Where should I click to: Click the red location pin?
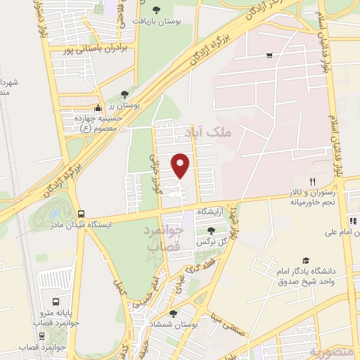[181, 165]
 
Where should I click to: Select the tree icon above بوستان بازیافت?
[155, 9]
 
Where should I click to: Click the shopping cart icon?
[269, 55]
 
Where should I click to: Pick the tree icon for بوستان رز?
[124, 93]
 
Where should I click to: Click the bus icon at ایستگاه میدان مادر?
[82, 214]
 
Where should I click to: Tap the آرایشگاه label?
[210, 211]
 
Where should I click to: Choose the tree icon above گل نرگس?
[212, 231]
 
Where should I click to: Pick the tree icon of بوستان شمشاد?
[174, 314]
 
